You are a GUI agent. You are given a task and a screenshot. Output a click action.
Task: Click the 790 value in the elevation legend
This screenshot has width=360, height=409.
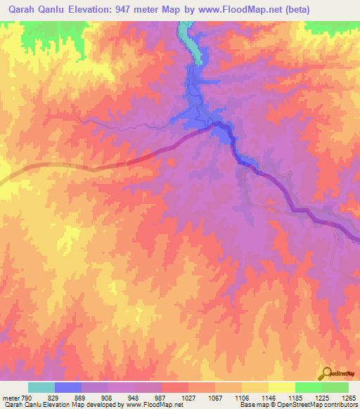25,397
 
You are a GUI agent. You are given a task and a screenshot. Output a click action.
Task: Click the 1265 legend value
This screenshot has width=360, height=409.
349,397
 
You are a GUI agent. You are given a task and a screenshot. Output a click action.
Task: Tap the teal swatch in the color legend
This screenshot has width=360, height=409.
41,387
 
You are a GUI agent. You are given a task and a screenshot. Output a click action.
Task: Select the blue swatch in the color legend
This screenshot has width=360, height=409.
68,387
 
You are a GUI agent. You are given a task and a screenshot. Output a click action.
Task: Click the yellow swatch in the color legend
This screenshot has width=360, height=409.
281,387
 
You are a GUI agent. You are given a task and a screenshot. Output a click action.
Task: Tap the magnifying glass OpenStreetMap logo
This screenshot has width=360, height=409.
327,372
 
